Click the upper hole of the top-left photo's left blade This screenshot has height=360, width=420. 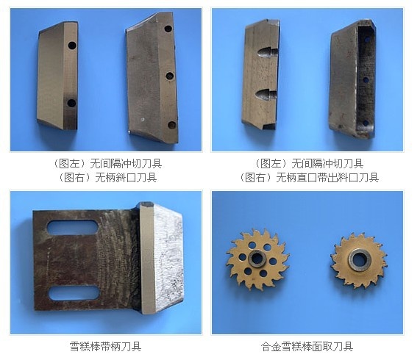click(72, 46)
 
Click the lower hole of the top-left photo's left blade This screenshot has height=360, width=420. click(71, 103)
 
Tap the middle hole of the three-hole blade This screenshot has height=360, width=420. click(169, 76)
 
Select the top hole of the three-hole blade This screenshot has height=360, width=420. click(168, 29)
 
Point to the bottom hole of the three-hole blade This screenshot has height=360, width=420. click(172, 125)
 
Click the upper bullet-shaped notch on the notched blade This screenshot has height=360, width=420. click(266, 52)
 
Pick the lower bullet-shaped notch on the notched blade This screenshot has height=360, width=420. click(266, 95)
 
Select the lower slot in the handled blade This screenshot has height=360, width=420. click(74, 293)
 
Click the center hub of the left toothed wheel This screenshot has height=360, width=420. click(257, 259)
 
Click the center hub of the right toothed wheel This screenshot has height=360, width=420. click(360, 259)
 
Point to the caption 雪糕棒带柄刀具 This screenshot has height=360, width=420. click(105, 346)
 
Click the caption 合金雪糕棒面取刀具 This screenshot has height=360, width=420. click(307, 346)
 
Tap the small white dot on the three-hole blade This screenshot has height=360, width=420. click(143, 119)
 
